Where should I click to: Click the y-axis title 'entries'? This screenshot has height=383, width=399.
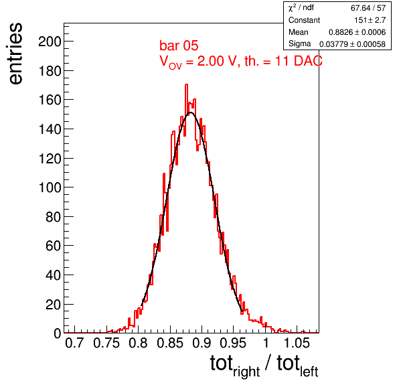[x=16, y=54]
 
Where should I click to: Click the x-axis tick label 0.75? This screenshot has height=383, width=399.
[x=106, y=343]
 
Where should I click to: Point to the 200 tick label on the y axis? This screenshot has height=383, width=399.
[x=50, y=42]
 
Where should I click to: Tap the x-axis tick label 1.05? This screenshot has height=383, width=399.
[x=297, y=343]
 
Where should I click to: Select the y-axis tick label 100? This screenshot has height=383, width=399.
[x=50, y=187]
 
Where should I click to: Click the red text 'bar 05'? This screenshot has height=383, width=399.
[x=179, y=46]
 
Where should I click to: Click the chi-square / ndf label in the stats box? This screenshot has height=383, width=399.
[x=301, y=7]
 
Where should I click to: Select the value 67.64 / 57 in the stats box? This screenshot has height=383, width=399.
[x=368, y=8]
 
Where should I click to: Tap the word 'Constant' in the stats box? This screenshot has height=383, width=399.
[x=304, y=20]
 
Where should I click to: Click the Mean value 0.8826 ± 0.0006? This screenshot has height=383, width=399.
[x=357, y=32]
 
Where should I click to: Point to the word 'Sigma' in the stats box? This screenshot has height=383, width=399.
[x=299, y=44]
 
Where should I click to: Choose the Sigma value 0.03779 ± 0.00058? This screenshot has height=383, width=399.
[x=352, y=44]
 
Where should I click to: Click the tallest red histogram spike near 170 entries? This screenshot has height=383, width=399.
[x=186, y=85]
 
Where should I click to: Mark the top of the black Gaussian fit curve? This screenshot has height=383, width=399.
[x=191, y=112]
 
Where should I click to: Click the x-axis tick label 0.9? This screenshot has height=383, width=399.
[x=202, y=343]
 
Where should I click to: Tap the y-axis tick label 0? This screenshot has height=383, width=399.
[x=58, y=333]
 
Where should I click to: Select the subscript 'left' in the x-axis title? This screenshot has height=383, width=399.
[x=309, y=372]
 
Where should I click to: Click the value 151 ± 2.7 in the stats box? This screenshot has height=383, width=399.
[x=370, y=20]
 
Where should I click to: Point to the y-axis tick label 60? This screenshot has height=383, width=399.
[x=53, y=246]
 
